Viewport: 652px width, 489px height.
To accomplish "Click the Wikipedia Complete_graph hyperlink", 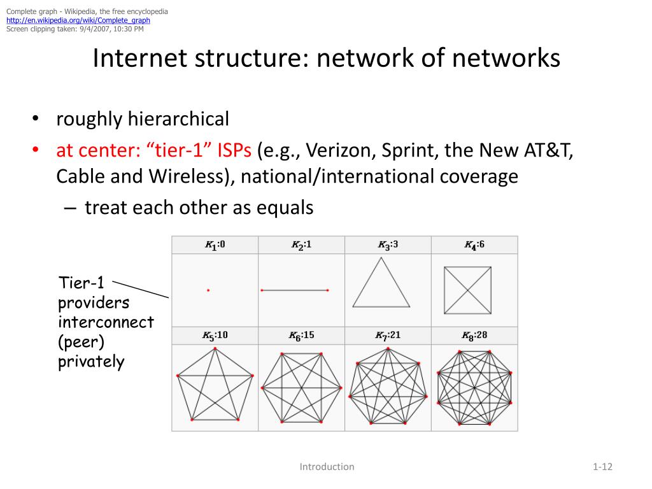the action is pyautogui.click(x=78, y=20).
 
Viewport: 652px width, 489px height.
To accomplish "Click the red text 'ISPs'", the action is pyautogui.click(x=235, y=152).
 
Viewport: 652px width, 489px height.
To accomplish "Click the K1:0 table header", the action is pyautogui.click(x=215, y=245).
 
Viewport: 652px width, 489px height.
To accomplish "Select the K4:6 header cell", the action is pyautogui.click(x=474, y=245).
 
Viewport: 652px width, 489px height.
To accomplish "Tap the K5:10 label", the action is pyautogui.click(x=215, y=336).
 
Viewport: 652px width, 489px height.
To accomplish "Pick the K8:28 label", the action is pyautogui.click(x=474, y=336).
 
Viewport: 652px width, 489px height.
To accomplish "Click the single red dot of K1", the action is pyautogui.click(x=208, y=290).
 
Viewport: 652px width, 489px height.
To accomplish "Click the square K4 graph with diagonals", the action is pyautogui.click(x=468, y=290).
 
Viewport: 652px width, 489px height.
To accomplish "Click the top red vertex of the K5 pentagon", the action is pyautogui.click(x=215, y=349).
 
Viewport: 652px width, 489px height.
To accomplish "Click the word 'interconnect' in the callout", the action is pyautogui.click(x=106, y=322).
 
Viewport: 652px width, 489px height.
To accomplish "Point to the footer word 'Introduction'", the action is pyautogui.click(x=327, y=467).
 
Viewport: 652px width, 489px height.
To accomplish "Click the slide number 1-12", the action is pyautogui.click(x=602, y=467).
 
